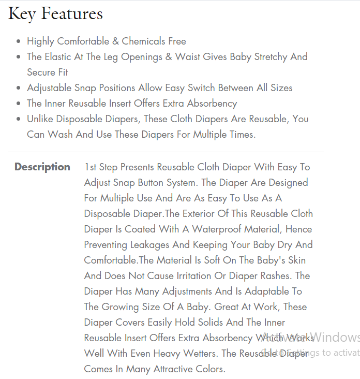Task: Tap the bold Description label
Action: (42, 167)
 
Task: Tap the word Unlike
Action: (41, 119)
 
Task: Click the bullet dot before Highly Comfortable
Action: (19, 41)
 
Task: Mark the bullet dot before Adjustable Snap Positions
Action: (19, 88)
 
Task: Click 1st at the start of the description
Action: (92, 167)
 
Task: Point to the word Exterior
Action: (203, 213)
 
